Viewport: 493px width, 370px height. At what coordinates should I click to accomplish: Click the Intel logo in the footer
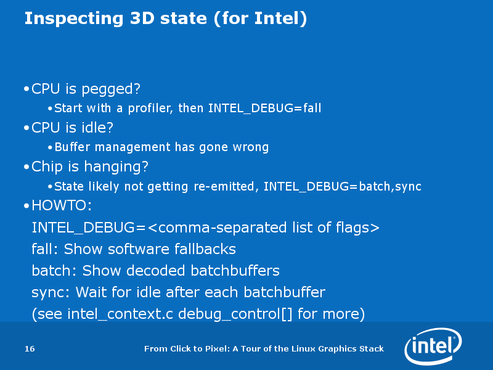[433, 346]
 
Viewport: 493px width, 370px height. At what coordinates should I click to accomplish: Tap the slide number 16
[30, 348]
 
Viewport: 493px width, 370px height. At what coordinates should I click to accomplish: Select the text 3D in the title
[142, 18]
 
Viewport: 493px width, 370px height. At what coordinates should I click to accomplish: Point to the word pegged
[111, 89]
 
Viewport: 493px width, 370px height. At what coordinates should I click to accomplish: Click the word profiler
[150, 109]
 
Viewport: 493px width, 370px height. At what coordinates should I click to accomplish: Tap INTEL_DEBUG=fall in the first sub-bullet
[265, 109]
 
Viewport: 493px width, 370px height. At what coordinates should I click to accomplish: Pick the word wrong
[251, 147]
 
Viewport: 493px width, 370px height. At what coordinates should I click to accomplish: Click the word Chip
[47, 166]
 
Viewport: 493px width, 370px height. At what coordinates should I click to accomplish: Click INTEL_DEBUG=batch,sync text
[343, 187]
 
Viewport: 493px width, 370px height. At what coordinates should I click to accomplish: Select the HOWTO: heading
[62, 205]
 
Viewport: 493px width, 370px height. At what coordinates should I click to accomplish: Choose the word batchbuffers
[235, 271]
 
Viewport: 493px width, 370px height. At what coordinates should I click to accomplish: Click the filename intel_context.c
[120, 314]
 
